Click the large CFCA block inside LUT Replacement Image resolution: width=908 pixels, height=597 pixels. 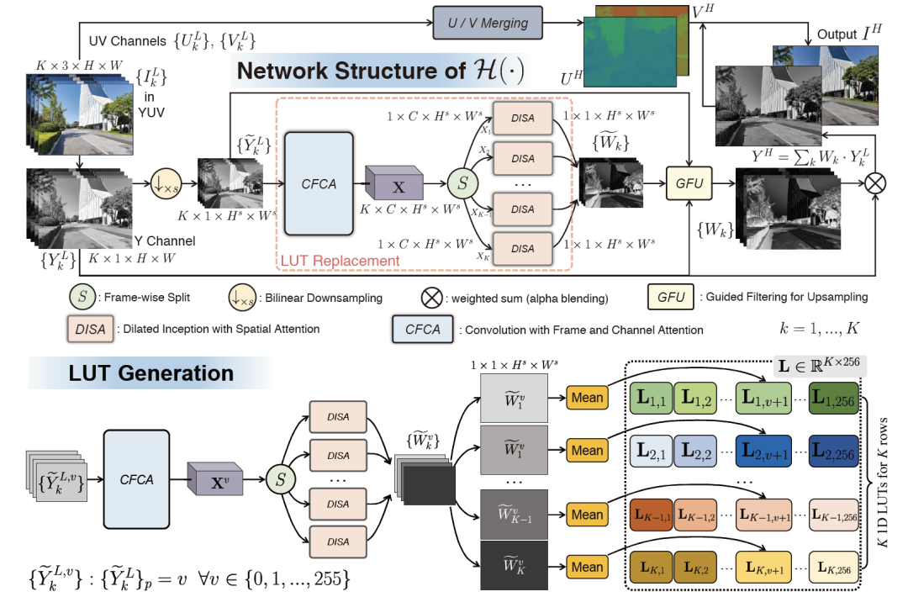tap(319, 183)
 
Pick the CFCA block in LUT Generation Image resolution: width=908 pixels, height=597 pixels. tap(137, 479)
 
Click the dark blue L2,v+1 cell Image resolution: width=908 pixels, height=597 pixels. tap(763, 450)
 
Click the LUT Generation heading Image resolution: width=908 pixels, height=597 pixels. tap(151, 372)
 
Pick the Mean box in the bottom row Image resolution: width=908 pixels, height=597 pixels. tap(588, 566)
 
